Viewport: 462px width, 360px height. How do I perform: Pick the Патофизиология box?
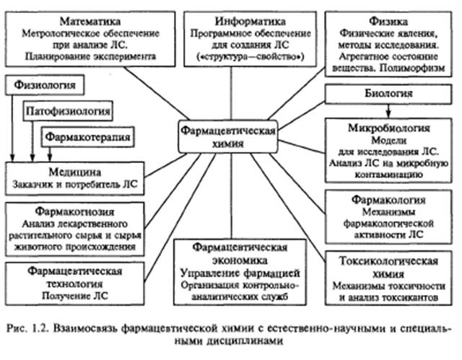tap(69, 111)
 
